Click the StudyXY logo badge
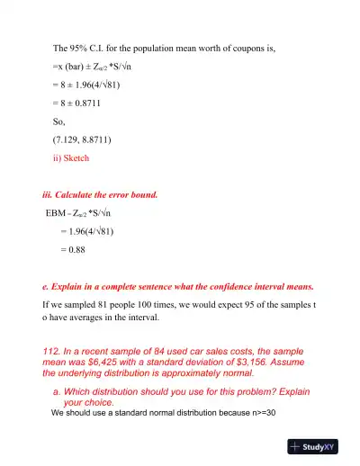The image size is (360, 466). pos(319,446)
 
